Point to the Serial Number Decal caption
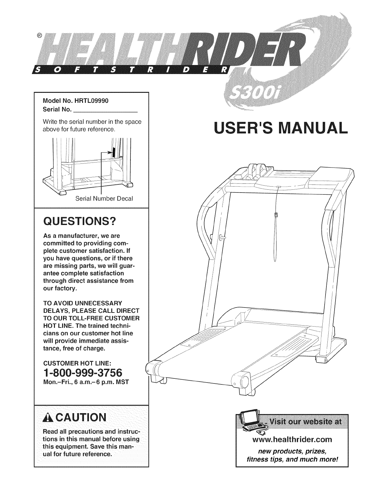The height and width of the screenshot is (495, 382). [x=104, y=199]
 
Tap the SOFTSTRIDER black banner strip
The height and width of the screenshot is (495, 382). [x=131, y=69]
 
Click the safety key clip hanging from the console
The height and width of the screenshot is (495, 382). [x=276, y=215]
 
